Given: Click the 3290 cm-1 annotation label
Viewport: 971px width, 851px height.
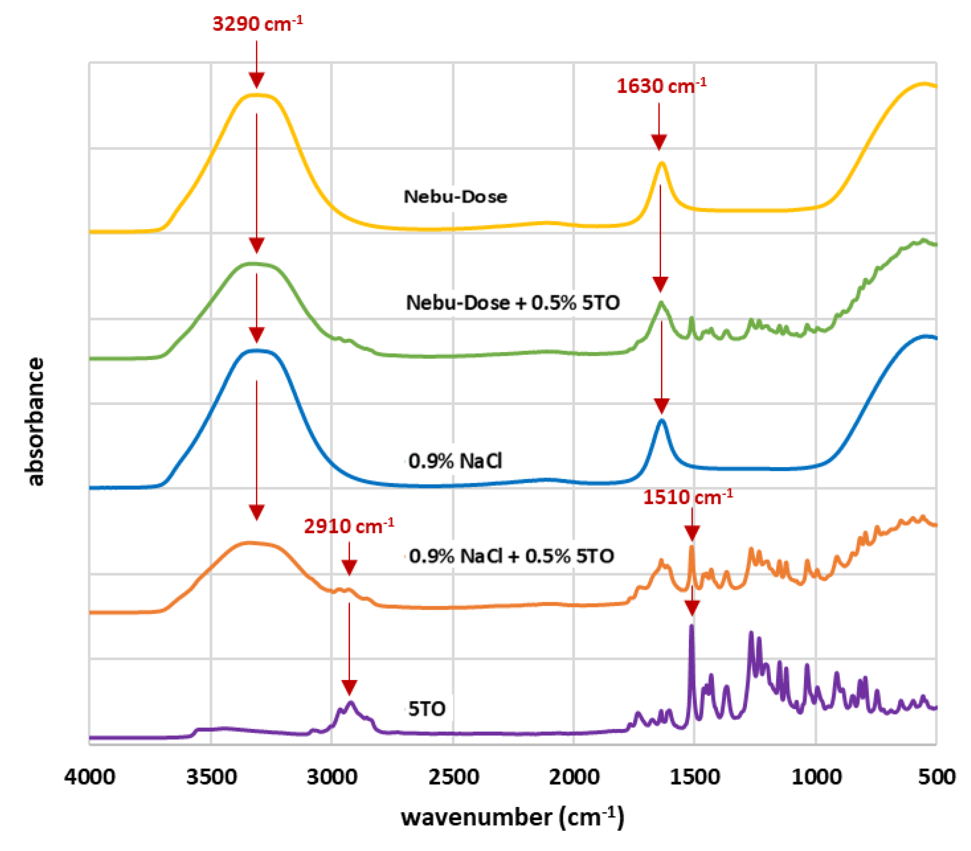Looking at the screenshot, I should (257, 24).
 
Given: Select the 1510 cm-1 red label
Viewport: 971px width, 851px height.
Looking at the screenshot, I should (687, 497).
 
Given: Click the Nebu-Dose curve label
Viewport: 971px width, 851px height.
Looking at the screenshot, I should (455, 197).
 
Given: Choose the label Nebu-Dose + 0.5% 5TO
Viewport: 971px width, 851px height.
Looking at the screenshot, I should (512, 302).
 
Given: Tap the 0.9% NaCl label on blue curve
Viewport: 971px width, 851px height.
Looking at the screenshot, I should (455, 460).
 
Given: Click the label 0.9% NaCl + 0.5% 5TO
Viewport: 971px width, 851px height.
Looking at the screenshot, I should (511, 556).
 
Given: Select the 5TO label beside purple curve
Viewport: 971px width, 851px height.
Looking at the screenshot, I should (426, 709).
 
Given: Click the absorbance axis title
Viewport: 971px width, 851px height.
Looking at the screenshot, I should (35, 421).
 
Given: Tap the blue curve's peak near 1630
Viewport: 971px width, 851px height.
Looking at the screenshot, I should (661, 420).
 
